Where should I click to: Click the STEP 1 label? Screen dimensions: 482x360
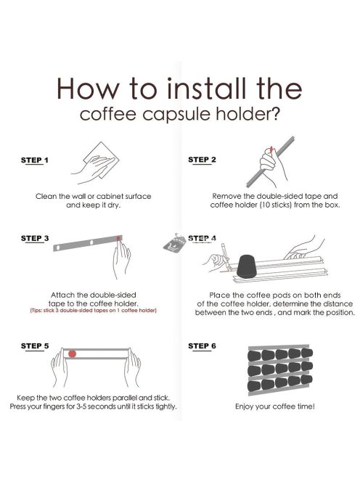pos(35,159)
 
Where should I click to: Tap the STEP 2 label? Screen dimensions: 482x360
pos(202,159)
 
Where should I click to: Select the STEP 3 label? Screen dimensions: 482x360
pos(35,237)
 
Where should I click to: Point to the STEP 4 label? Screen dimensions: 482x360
pos(202,237)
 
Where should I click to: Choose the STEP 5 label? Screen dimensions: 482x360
pos(35,346)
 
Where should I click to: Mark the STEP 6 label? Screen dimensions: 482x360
pos(202,346)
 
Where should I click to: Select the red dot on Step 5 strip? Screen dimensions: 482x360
pos(72,354)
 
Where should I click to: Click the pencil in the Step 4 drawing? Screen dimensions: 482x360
pos(226,257)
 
